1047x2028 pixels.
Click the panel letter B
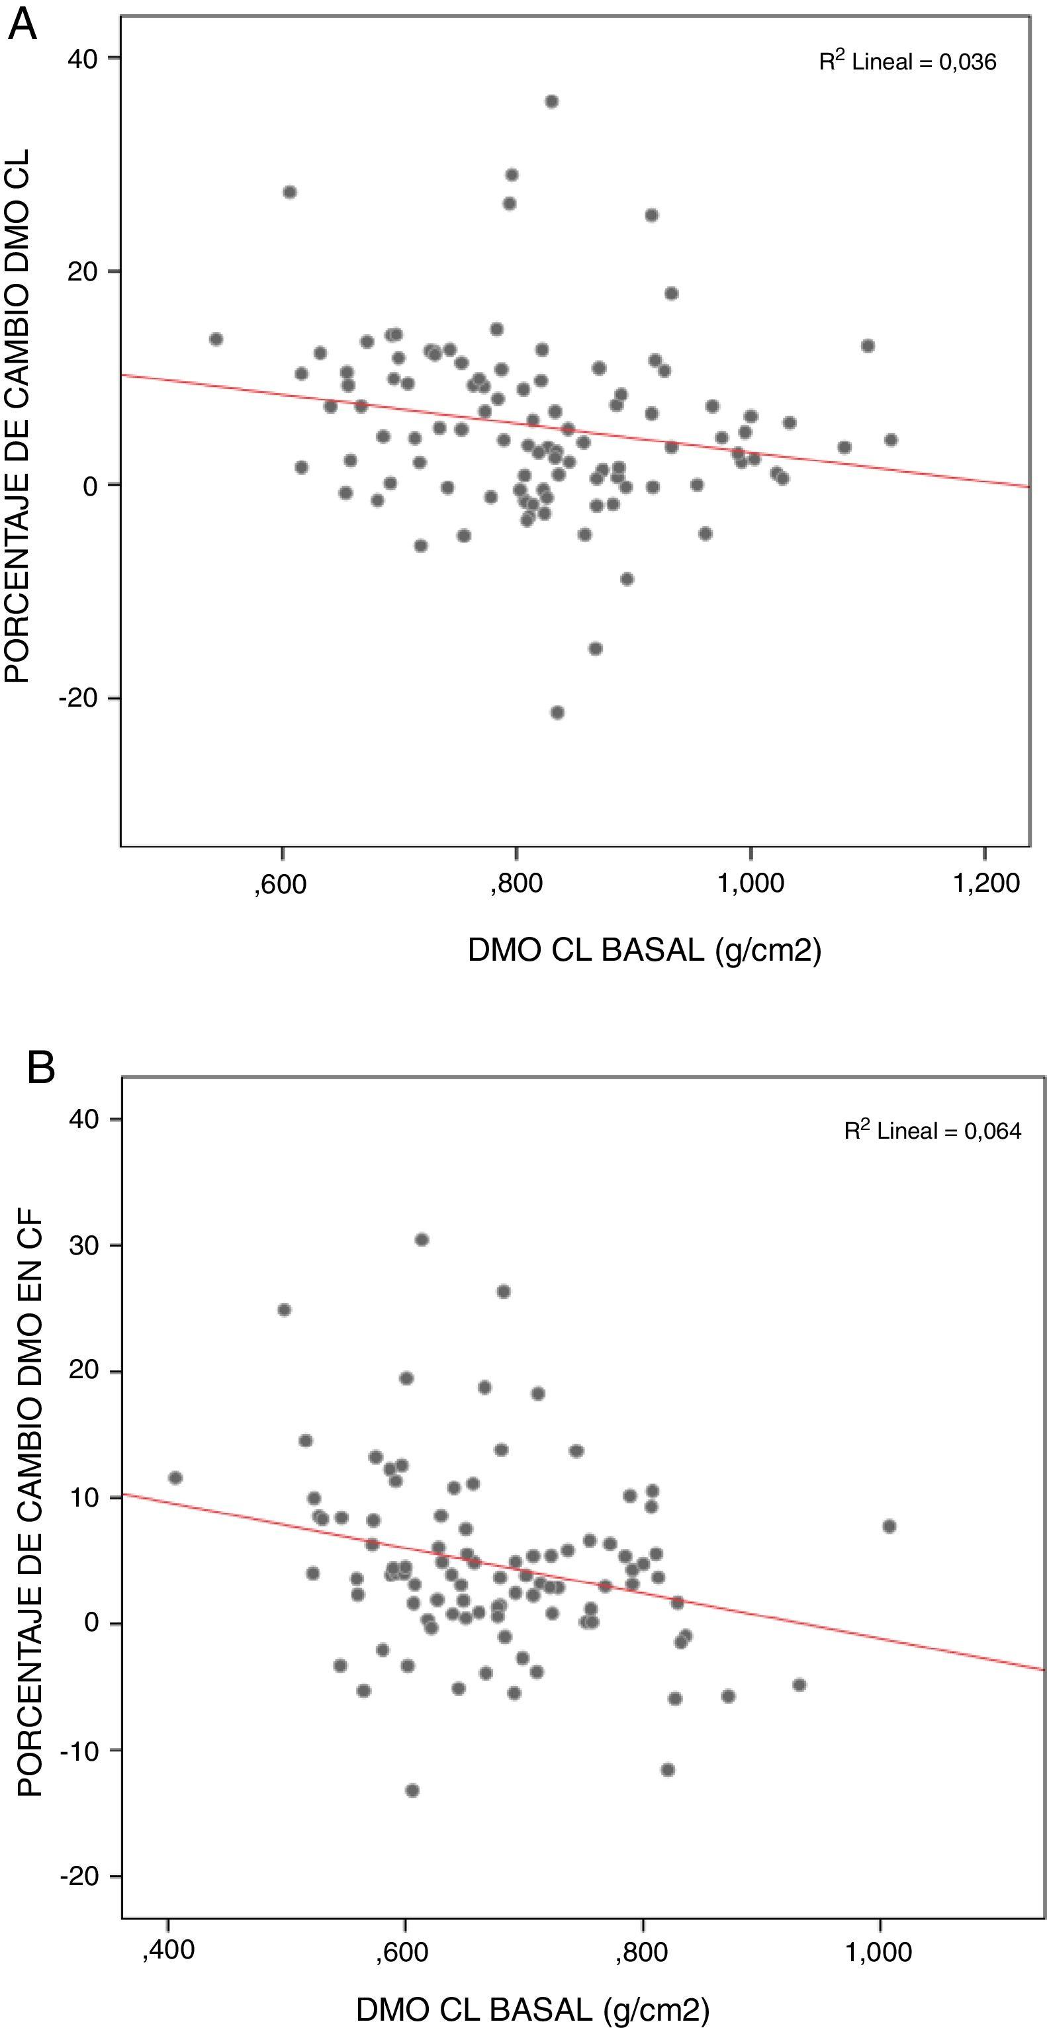(41, 1069)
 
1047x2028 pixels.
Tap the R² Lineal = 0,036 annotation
(907, 62)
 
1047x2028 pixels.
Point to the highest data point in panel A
(552, 101)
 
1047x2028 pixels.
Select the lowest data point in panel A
(557, 713)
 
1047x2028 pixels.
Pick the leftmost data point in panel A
(216, 339)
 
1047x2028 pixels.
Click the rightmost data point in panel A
(890, 440)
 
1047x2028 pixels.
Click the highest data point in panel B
(422, 1240)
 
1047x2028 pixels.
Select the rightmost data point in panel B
(889, 1526)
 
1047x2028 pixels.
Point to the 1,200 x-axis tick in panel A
(985, 883)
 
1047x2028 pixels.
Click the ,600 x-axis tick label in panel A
(281, 883)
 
